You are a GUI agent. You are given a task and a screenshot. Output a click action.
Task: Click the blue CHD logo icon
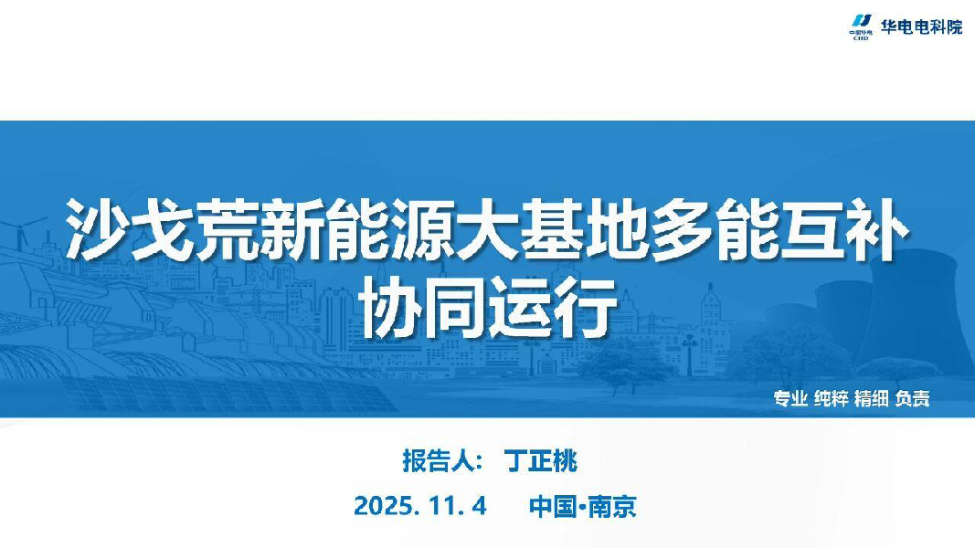[861, 27]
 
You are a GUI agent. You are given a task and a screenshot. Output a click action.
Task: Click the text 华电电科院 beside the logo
[921, 26]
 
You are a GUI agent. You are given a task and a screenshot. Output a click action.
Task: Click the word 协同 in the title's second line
[423, 308]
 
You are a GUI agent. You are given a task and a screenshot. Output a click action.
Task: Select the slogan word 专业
[790, 398]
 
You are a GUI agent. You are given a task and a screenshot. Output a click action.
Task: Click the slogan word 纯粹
[831, 398]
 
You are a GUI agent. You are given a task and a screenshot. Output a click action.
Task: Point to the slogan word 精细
[871, 398]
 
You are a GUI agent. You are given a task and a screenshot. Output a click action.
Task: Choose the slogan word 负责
[912, 398]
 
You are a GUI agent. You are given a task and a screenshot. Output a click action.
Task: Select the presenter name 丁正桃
[540, 461]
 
